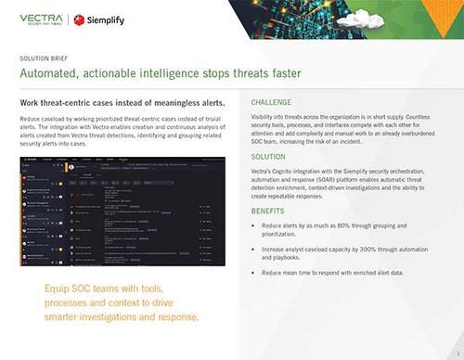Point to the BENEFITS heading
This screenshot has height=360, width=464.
pyautogui.click(x=270, y=212)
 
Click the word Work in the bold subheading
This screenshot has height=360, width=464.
pyautogui.click(x=30, y=102)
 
